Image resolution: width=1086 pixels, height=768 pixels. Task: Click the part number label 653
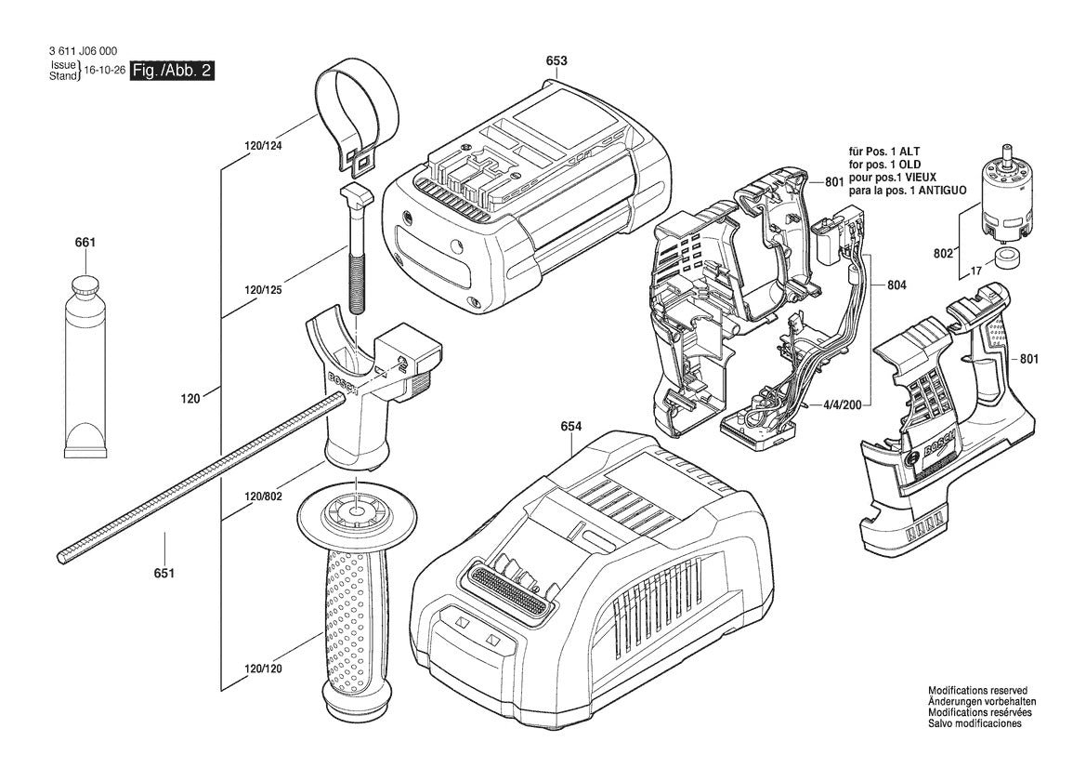pyautogui.click(x=556, y=61)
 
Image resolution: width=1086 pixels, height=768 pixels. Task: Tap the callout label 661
pyautogui.click(x=85, y=243)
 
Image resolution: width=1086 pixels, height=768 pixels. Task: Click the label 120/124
pyautogui.click(x=263, y=146)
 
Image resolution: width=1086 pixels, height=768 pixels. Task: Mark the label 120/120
pyautogui.click(x=263, y=669)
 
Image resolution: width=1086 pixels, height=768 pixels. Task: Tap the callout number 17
pyautogui.click(x=975, y=271)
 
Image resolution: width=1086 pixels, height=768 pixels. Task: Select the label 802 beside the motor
pyautogui.click(x=942, y=251)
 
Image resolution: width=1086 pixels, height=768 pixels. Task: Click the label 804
pyautogui.click(x=897, y=285)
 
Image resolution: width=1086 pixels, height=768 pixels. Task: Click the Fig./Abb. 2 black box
pyautogui.click(x=173, y=71)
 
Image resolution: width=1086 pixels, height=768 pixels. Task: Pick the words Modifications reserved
pyautogui.click(x=977, y=691)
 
